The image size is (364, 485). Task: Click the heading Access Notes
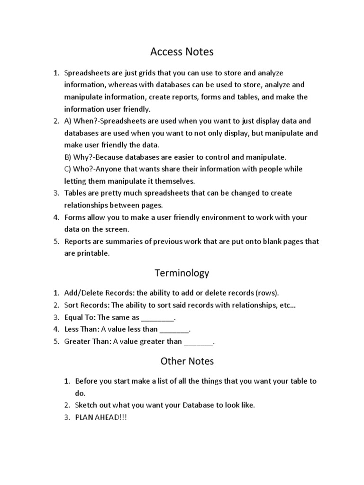click(182, 51)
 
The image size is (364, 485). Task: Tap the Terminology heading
click(182, 273)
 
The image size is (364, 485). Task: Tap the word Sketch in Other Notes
click(86, 405)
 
